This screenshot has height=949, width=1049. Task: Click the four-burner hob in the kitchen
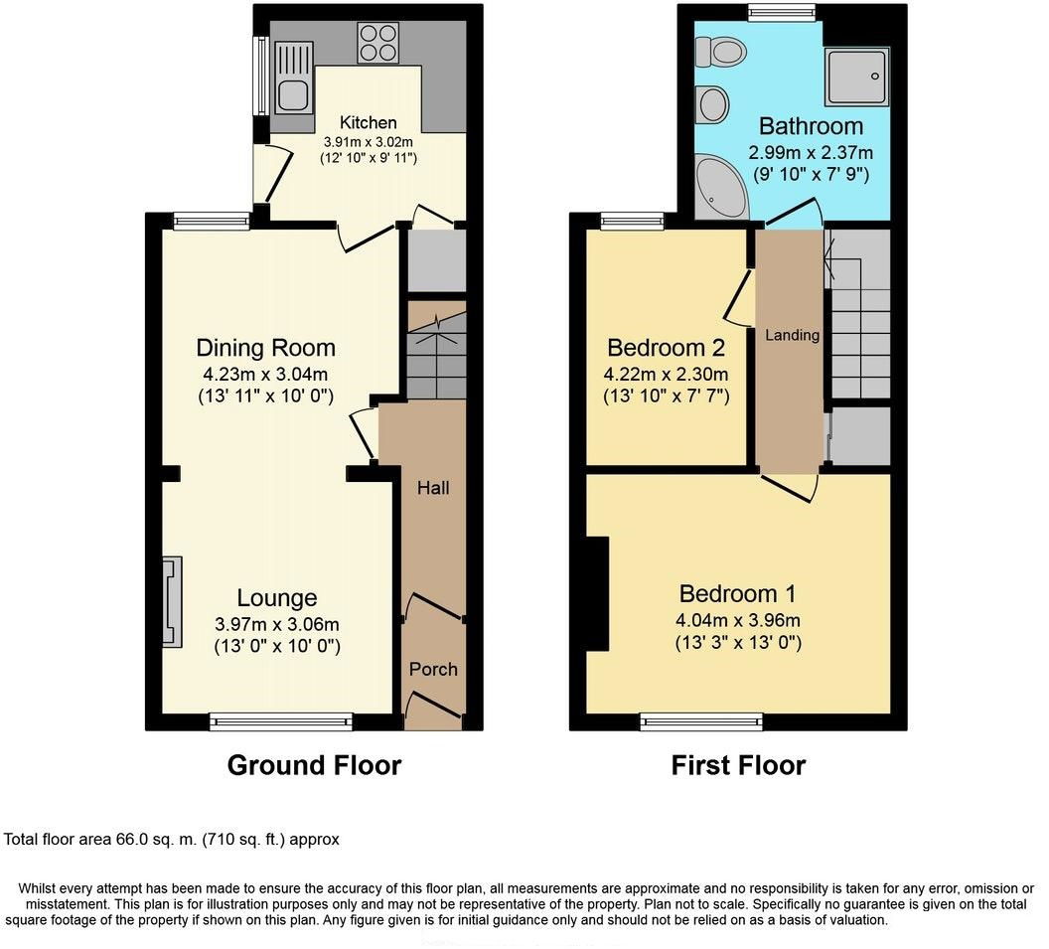tap(378, 43)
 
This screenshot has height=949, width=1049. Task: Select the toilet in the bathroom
tap(720, 52)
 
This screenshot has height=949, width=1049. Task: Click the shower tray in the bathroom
tap(857, 77)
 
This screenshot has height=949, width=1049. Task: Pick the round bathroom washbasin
tap(713, 105)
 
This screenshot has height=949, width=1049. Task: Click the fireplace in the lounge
tap(172, 601)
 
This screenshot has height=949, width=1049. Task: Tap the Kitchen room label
tap(368, 122)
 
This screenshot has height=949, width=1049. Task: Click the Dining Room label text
tap(265, 348)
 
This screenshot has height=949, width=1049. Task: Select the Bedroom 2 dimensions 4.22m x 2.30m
tap(666, 375)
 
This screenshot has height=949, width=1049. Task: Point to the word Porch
tap(433, 669)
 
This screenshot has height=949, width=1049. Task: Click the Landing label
tap(792, 335)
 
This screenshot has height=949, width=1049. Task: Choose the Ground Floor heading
tap(314, 765)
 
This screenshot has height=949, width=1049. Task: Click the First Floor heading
tap(738, 765)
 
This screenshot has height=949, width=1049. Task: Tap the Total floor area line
tap(171, 840)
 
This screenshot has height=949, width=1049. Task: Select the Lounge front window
tap(281, 721)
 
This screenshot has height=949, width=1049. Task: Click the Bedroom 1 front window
tap(701, 721)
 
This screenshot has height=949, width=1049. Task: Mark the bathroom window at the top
tap(782, 12)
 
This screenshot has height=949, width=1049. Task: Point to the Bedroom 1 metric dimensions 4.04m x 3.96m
tap(738, 620)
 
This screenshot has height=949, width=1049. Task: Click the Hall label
tap(433, 488)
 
